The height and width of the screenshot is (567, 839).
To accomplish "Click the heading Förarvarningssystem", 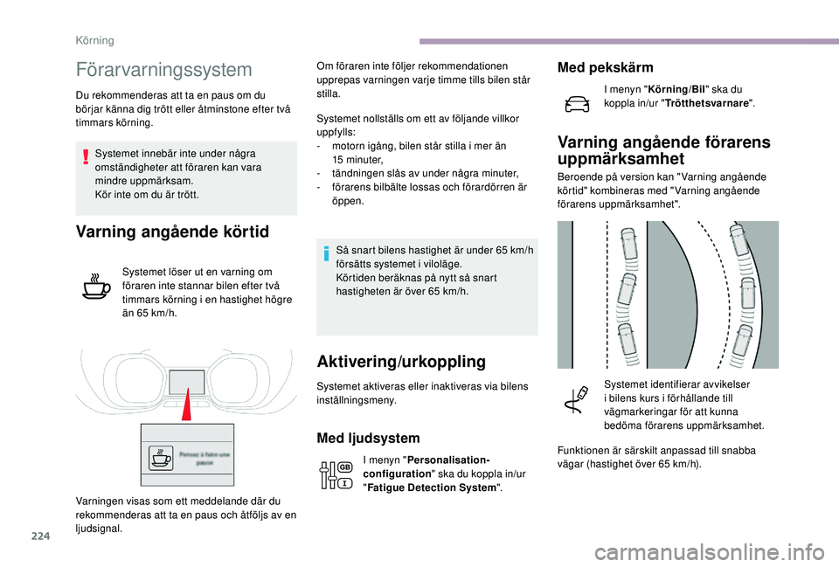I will coord(163,69).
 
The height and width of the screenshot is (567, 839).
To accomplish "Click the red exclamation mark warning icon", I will coord(86,157).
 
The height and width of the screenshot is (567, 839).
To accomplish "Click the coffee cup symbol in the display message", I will coord(162,458).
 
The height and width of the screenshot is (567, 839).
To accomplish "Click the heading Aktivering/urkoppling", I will coord(401,361).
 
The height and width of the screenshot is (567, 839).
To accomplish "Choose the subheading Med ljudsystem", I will coord(368,438).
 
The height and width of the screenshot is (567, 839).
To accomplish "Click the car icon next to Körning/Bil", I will coord(577,103).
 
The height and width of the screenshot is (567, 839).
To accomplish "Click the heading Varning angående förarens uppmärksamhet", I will coord(663,150).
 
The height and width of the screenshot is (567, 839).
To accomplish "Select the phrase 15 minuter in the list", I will coord(358,160).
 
